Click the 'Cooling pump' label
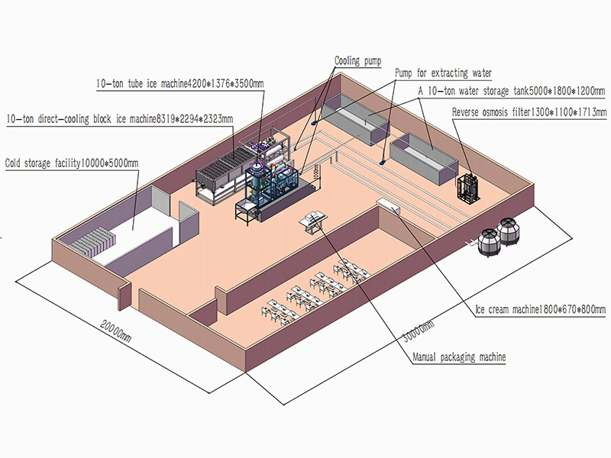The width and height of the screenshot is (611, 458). (357, 61)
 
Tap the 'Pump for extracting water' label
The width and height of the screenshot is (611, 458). (443, 73)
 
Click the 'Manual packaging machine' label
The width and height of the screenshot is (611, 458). (459, 357)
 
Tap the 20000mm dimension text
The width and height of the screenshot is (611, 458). (116, 331)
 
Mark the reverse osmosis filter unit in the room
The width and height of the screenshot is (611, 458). (467, 188)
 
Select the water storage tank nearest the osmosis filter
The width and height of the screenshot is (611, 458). (424, 159)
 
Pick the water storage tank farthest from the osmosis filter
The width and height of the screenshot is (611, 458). (355, 119)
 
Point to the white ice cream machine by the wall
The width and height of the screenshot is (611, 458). (388, 205)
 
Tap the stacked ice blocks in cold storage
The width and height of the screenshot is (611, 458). (93, 241)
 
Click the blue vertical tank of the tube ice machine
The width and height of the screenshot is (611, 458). (256, 180)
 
